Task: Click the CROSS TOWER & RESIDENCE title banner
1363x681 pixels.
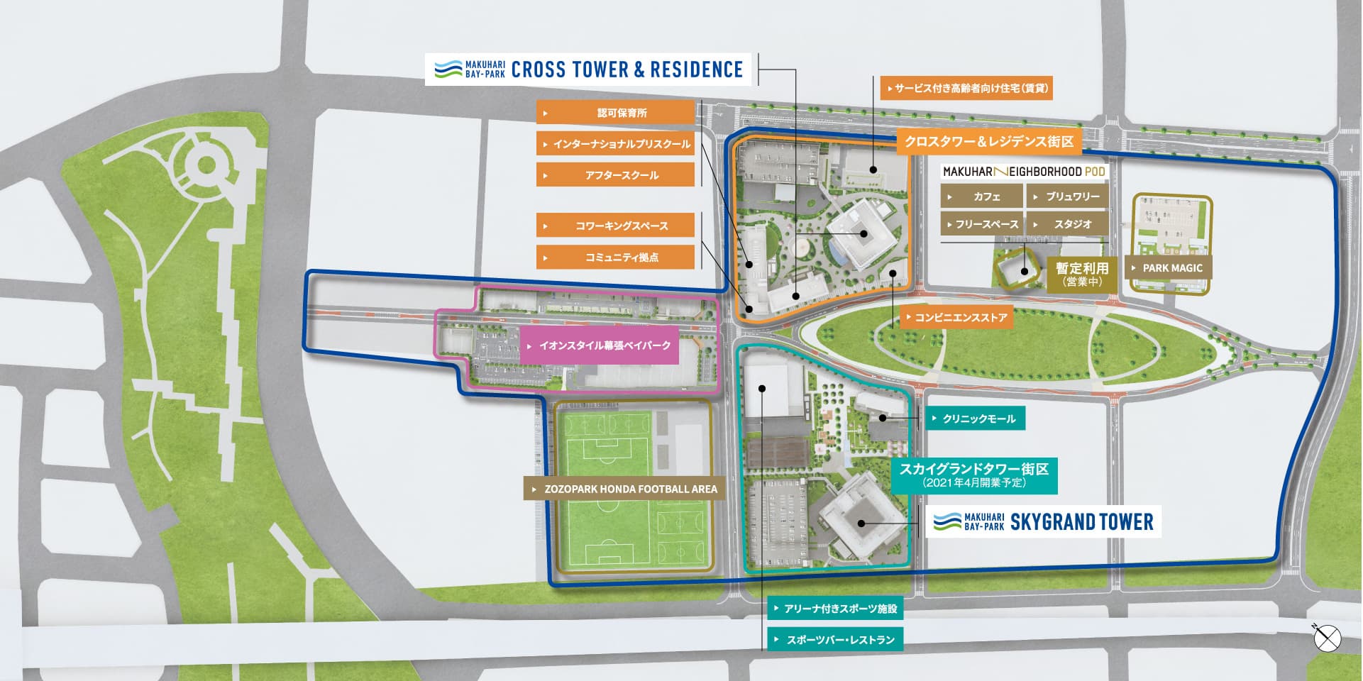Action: (588, 70)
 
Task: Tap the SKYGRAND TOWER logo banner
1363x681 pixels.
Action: (1043, 522)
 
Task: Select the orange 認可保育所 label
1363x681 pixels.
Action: (615, 113)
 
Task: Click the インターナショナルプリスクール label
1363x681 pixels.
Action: (615, 144)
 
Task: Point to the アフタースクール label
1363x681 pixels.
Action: (615, 175)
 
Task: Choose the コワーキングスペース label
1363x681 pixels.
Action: (615, 226)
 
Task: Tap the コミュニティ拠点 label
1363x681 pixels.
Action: (615, 257)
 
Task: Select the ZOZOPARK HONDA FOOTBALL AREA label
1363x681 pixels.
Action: (624, 489)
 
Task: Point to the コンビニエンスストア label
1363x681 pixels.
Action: (956, 318)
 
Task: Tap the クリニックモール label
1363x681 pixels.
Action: (974, 419)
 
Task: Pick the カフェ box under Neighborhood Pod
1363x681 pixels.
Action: (982, 196)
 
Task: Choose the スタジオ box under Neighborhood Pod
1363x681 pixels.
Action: (1067, 224)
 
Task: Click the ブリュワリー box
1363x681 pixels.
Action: (1067, 196)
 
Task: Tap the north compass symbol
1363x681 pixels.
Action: (1327, 638)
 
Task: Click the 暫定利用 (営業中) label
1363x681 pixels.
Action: (1081, 274)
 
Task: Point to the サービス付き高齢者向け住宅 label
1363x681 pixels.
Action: (966, 88)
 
